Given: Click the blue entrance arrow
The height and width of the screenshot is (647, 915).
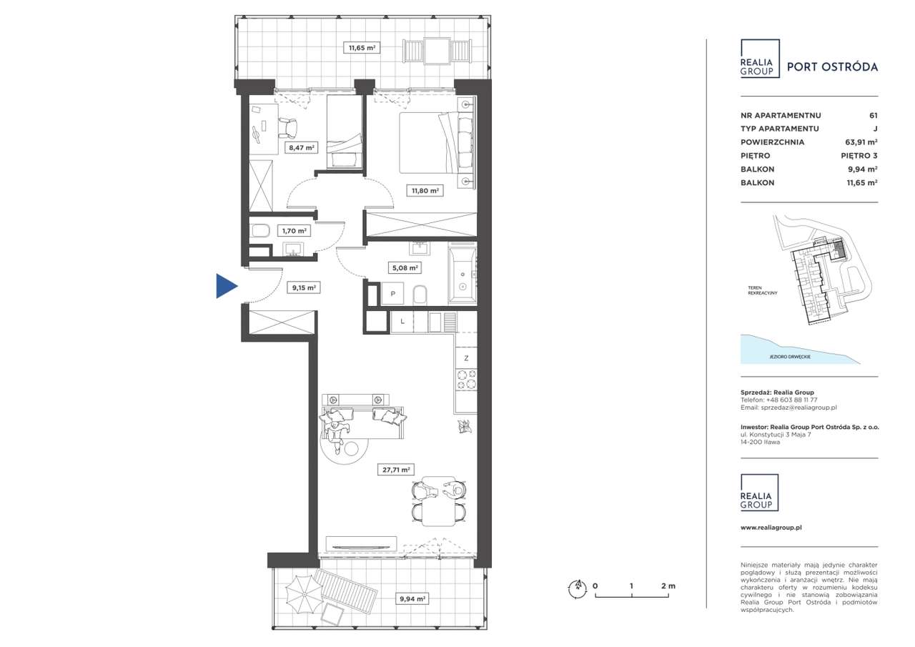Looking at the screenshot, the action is coord(226,286).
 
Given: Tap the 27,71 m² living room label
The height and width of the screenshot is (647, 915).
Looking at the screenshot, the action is coord(396,470).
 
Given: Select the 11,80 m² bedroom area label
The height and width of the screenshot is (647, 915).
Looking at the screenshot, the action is coord(425,190).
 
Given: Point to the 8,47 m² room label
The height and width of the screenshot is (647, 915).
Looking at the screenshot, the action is coord(302,147).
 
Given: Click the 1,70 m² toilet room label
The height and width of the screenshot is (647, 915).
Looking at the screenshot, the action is coord(294,231).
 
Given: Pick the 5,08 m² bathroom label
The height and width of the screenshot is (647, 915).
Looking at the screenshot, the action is coord(405,268).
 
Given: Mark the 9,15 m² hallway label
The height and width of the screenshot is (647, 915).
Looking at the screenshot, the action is coord(304,287).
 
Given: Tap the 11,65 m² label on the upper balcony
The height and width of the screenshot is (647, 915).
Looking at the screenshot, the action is coord(362,48).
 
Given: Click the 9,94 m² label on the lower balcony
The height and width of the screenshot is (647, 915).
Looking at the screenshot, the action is coord(412,599).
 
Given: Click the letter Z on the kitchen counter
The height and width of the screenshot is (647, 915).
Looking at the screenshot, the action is coord(466,358).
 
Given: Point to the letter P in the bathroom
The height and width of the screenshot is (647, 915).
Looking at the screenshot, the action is coord(393,293).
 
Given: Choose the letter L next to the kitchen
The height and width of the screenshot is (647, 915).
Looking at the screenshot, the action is coord(402,322).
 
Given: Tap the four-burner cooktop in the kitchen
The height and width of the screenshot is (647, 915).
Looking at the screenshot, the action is coord(466,379).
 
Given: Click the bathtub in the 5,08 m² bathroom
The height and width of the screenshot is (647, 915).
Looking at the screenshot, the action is coord(463,274).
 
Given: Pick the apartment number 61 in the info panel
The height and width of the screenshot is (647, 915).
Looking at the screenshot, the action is coord(874,116).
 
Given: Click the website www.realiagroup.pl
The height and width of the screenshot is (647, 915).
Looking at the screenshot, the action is coord(771,528).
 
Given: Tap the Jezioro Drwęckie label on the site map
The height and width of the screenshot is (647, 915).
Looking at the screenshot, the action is coord(790,357).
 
